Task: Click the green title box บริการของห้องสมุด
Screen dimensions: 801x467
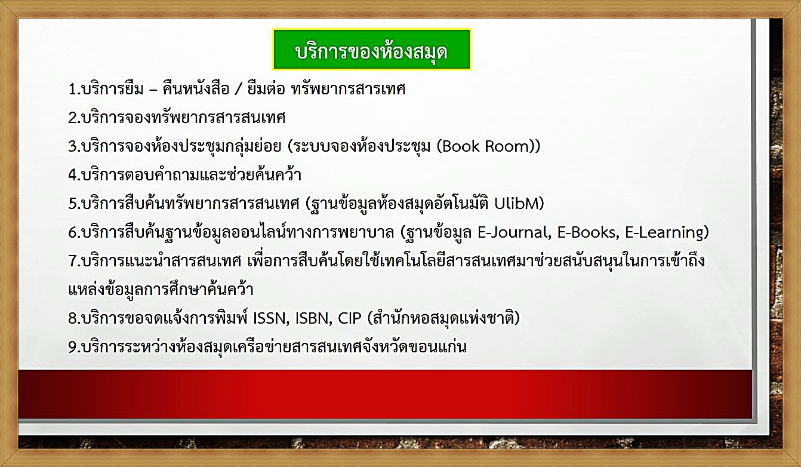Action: point(371,50)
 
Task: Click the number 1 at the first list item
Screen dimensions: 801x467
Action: point(73,89)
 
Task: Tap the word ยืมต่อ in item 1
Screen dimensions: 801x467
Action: point(266,88)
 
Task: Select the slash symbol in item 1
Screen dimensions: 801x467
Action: point(239,90)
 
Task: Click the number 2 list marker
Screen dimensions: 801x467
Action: point(73,118)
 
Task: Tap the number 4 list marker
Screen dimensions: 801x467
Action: point(73,175)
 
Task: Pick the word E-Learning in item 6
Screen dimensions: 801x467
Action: point(664,233)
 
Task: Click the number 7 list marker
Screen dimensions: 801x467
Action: point(73,261)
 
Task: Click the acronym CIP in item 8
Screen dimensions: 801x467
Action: point(350,318)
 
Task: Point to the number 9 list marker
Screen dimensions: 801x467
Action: point(73,347)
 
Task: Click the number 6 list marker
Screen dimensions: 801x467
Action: point(73,233)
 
